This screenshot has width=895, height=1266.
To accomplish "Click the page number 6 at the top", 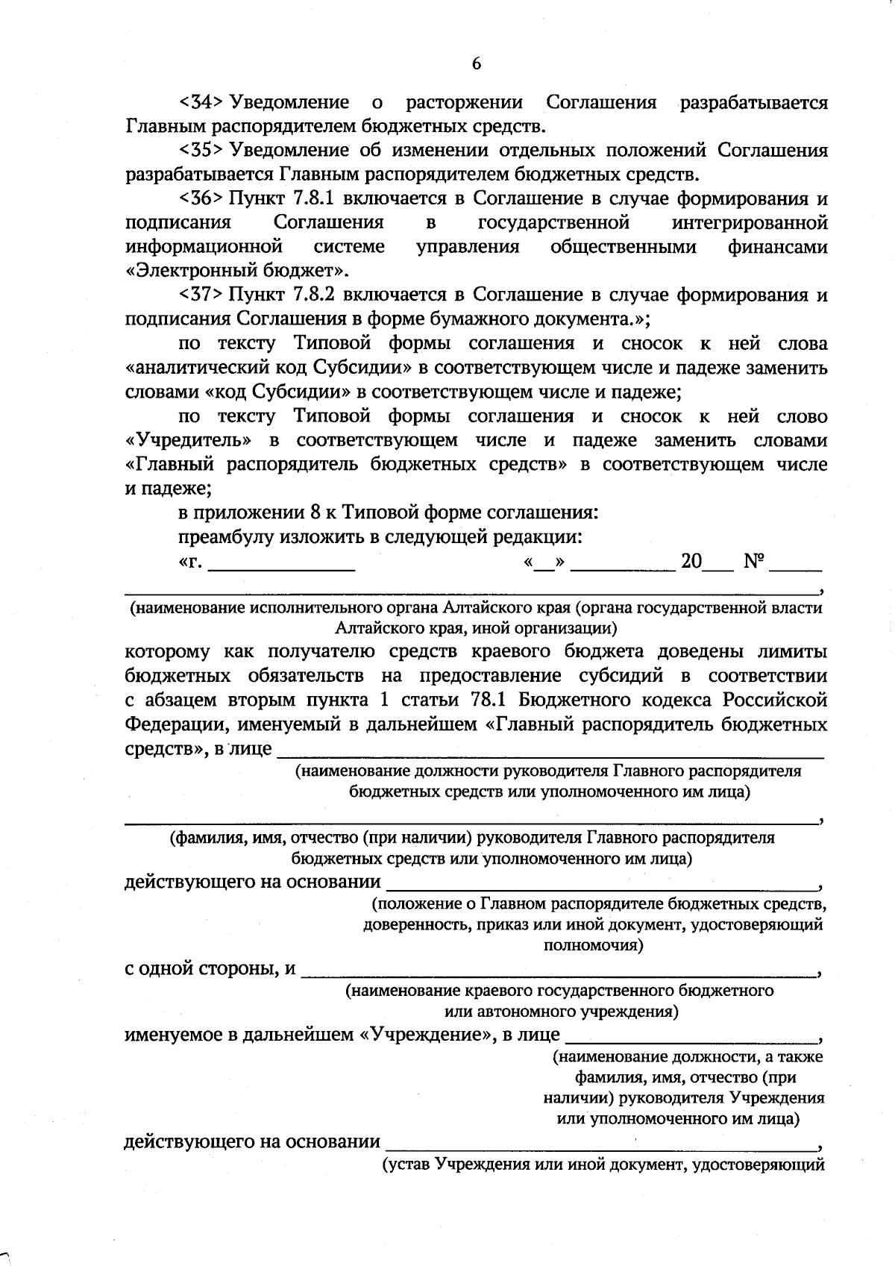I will [x=477, y=63].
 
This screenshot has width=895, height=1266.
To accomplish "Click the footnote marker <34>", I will [x=201, y=102].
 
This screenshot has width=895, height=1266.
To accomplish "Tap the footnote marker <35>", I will [x=201, y=151].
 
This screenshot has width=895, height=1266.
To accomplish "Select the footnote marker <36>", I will [x=201, y=199].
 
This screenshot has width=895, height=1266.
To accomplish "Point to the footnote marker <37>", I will [x=201, y=295].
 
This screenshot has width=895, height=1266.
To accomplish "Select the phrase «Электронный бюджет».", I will [x=237, y=271].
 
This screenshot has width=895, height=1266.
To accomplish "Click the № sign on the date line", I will [x=754, y=562].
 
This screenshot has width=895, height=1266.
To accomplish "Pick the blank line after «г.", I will [x=282, y=568].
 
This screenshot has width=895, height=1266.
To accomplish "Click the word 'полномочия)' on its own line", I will [x=594, y=946].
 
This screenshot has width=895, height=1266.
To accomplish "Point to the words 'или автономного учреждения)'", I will [x=561, y=1012].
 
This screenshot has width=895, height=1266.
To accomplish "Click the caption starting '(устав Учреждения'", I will [x=603, y=1164].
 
